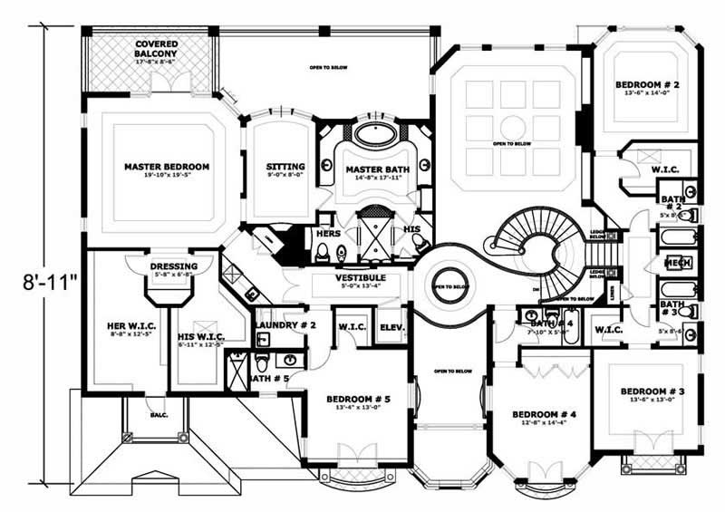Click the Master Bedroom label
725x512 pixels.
coord(167,167)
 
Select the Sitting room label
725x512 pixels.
coord(285,167)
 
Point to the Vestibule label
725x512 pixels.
coord(361,277)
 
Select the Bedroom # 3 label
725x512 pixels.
coord(651,391)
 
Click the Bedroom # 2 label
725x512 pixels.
coord(648,84)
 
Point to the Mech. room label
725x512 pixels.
coord(678,263)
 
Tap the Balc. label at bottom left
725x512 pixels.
coord(142,419)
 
